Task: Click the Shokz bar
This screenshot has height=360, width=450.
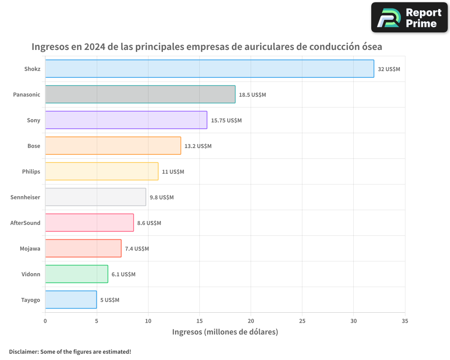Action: (x=209, y=69)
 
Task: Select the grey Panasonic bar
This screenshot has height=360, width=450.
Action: (x=140, y=94)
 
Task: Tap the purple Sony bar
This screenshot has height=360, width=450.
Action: (x=126, y=120)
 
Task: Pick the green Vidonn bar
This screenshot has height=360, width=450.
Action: (x=76, y=274)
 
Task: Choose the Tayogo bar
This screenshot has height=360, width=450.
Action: (x=71, y=300)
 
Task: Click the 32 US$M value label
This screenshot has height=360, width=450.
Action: (x=389, y=69)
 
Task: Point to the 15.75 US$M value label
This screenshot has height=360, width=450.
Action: (x=226, y=121)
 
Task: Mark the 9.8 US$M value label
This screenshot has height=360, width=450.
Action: (x=162, y=198)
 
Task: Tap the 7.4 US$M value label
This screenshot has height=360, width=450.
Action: (x=137, y=249)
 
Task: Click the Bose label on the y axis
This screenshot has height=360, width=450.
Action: (x=34, y=146)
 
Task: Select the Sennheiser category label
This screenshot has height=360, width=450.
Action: (x=25, y=197)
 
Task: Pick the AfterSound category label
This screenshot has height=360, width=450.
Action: (x=25, y=223)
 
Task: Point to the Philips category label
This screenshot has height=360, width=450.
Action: (x=31, y=171)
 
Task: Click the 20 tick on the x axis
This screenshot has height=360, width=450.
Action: (x=251, y=321)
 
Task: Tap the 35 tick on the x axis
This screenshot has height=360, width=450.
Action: (x=405, y=321)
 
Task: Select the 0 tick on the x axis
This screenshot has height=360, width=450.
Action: (x=45, y=321)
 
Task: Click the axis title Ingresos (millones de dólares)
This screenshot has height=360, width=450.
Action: (x=225, y=332)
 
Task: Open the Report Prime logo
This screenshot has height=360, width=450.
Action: (x=409, y=18)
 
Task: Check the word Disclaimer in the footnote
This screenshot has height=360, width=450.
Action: (x=23, y=351)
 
